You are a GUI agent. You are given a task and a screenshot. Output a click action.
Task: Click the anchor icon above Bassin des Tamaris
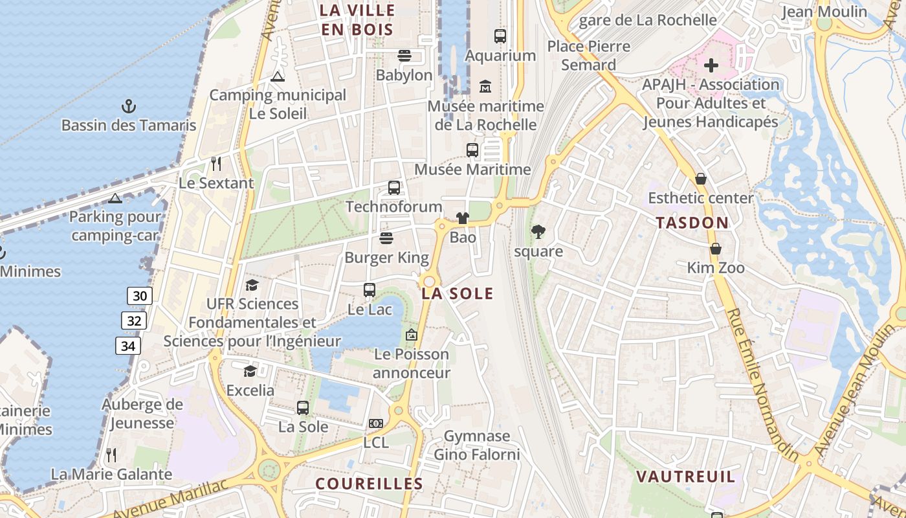[x=128, y=106]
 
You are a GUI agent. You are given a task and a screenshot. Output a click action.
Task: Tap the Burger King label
[x=386, y=258]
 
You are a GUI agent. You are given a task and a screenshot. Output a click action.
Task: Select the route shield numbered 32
[x=133, y=321]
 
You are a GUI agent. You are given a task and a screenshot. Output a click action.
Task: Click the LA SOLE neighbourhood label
[x=458, y=294]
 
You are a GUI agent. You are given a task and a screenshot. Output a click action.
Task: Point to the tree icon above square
[x=538, y=232]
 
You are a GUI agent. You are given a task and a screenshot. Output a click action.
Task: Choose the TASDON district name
[x=692, y=223]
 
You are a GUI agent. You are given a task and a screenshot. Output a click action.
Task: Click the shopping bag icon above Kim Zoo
[x=716, y=249]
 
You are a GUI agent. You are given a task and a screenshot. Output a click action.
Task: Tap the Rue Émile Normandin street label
[x=764, y=385]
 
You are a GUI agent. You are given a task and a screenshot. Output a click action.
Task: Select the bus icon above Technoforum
[x=393, y=188]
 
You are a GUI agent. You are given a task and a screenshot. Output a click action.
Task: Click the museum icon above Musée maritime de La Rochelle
[x=485, y=86]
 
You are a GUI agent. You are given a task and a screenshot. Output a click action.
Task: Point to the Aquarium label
[x=500, y=56]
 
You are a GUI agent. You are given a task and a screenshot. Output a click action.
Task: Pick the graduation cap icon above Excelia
[x=250, y=371]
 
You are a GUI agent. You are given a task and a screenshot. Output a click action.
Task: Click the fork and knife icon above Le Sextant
[x=216, y=164]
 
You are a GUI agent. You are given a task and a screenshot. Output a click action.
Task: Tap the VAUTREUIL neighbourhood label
[x=686, y=477]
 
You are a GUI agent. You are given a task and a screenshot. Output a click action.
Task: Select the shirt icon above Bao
[x=462, y=218]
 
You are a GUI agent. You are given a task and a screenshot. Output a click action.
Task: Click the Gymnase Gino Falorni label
[x=477, y=445]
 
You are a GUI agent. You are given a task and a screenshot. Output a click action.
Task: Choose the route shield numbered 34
[x=128, y=346]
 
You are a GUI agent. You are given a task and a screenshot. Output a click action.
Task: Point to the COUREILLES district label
[x=369, y=484]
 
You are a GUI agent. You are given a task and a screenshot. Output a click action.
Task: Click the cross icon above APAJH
[x=711, y=65]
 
